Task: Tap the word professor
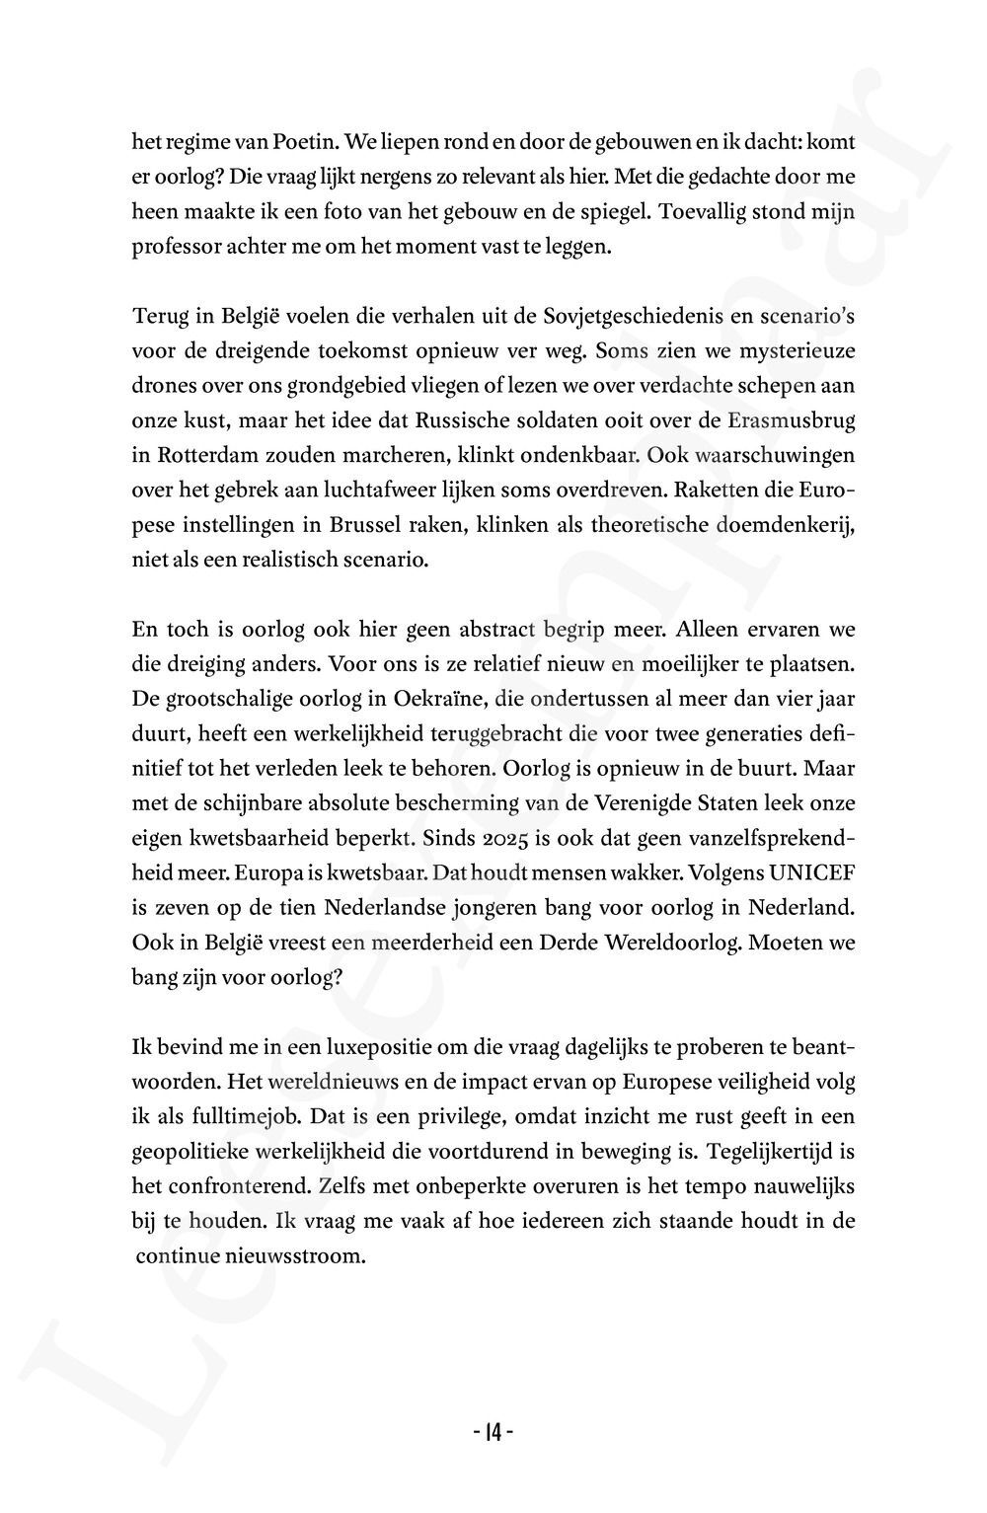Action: coord(175,247)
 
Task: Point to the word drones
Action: coord(161,385)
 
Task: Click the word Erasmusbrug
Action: coord(793,419)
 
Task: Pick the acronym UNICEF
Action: coord(809,871)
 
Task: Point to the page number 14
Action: coord(493,1432)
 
